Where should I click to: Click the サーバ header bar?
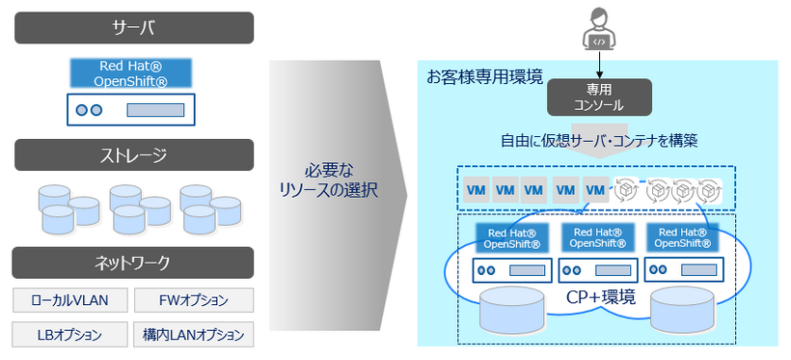pos(134,27)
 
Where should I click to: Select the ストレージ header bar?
pos(134,154)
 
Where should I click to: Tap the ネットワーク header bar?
pos(134,263)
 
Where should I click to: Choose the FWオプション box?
pos(193,300)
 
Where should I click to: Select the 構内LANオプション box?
pos(193,335)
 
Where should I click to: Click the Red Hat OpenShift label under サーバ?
pos(131,73)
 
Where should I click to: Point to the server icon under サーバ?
pos(131,109)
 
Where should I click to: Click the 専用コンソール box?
pos(599,97)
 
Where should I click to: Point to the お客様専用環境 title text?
pos(485,75)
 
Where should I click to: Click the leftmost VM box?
pos(477,190)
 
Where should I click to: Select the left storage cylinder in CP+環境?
pos(514,308)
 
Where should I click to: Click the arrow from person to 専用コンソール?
pos(599,66)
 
